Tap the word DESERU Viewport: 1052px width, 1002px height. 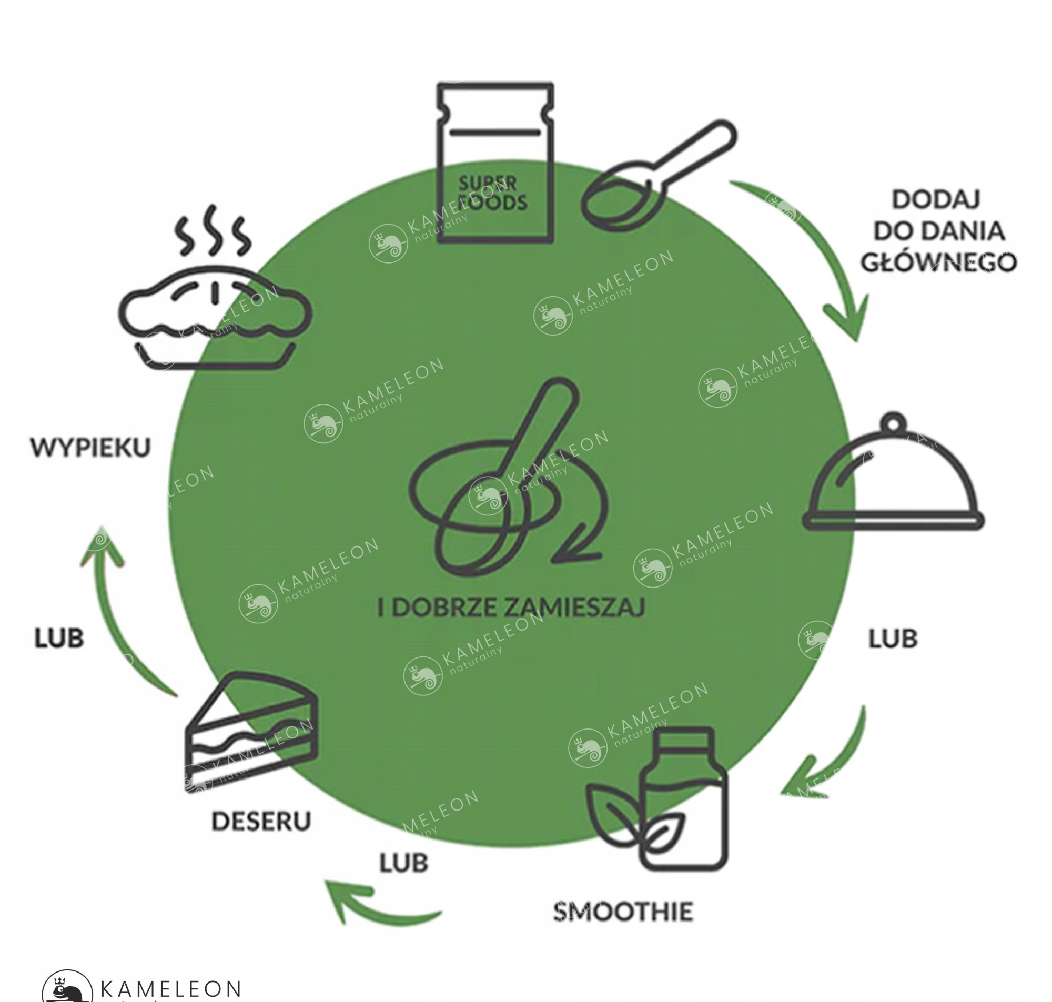pyautogui.click(x=260, y=821)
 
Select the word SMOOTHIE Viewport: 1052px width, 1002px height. pyautogui.click(x=623, y=911)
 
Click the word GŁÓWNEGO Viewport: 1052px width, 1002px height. pyautogui.click(x=939, y=262)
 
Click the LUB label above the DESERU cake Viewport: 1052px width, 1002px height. pyautogui.click(x=59, y=637)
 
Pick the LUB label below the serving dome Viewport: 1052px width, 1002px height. pyautogui.click(x=893, y=638)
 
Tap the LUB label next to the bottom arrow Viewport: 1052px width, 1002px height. pyautogui.click(x=404, y=863)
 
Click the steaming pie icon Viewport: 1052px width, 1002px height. pyautogui.click(x=214, y=318)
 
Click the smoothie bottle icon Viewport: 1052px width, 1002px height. pyautogui.click(x=683, y=801)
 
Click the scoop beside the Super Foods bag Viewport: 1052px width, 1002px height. pyautogui.click(x=657, y=176)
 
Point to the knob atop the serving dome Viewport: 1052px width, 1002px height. pyautogui.click(x=895, y=420)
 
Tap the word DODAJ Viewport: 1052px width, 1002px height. pyautogui.click(x=936, y=199)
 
